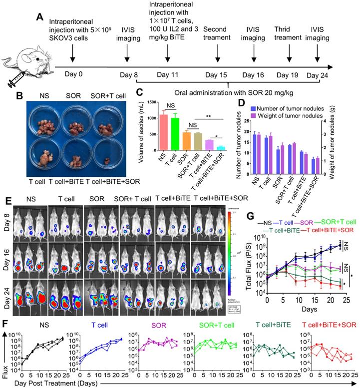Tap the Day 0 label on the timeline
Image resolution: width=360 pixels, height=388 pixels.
[x=73, y=75]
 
